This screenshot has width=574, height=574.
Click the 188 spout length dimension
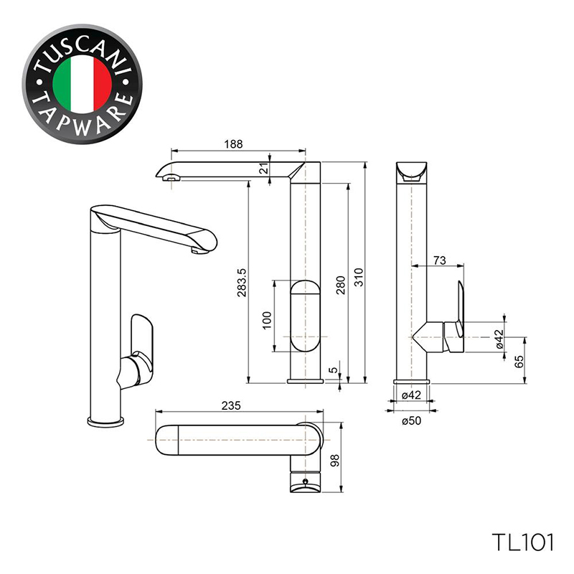click(x=234, y=144)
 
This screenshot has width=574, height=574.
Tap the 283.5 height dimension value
click(x=243, y=283)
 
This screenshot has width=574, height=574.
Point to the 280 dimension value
click(x=341, y=286)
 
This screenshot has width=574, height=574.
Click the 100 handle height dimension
click(x=268, y=320)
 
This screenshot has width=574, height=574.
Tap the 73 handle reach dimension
click(x=440, y=260)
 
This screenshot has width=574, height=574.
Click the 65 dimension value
click(x=519, y=362)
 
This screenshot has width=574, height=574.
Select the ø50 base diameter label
click(x=411, y=420)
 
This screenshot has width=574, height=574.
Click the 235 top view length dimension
click(x=231, y=405)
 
